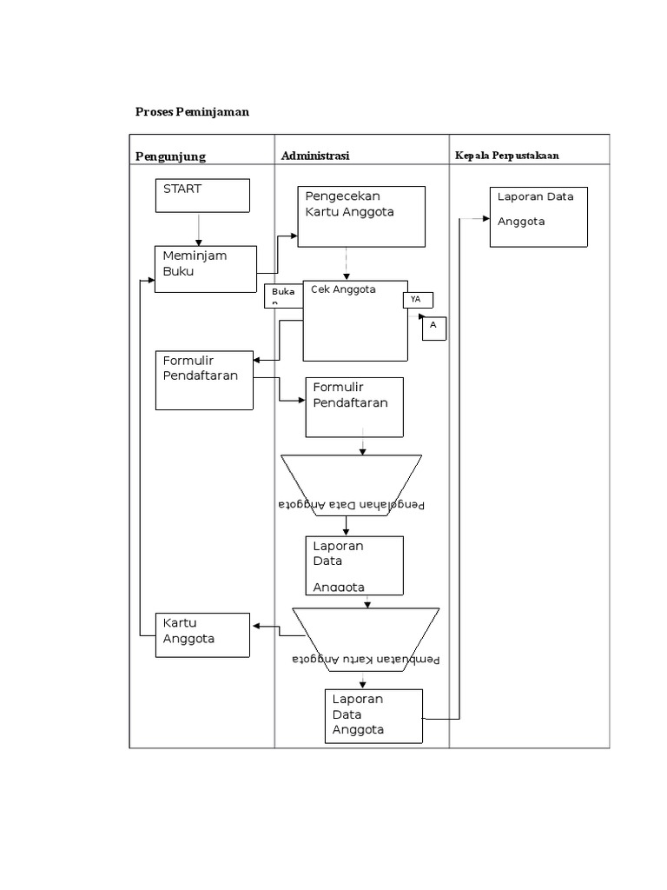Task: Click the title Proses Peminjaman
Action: tap(192, 112)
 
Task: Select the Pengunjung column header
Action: tap(170, 156)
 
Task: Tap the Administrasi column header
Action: tap(314, 156)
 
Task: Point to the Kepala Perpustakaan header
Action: tap(506, 156)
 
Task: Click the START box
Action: tap(202, 196)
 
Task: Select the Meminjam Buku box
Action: tap(205, 269)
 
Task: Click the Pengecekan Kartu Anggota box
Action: tap(361, 216)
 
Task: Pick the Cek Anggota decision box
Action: tap(355, 320)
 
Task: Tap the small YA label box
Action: tap(418, 300)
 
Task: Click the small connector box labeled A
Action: tap(434, 329)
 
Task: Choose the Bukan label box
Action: tap(283, 296)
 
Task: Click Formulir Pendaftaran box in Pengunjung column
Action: tap(204, 380)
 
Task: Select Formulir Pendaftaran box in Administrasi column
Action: tap(354, 407)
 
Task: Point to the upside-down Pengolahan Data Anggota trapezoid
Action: tap(352, 486)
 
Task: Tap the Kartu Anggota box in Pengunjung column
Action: tap(204, 634)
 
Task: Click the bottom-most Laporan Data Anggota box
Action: tap(374, 716)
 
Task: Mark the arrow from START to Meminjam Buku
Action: tap(199, 229)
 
